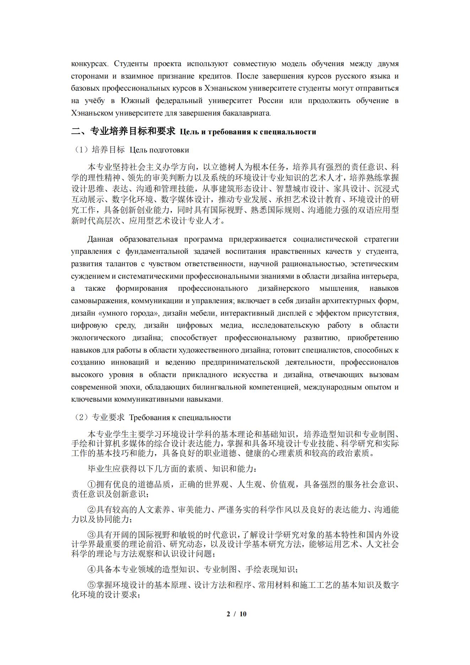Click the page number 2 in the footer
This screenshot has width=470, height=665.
(228, 613)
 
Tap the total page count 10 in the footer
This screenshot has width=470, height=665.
(243, 613)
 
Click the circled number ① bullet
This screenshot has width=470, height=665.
(92, 484)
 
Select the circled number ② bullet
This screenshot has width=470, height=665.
(92, 510)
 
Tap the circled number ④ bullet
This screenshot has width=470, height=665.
(92, 569)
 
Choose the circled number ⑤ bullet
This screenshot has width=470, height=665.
(92, 585)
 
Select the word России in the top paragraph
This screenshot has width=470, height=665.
(271, 101)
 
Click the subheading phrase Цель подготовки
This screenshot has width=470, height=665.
(159, 150)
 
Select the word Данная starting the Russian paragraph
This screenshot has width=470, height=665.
(100, 239)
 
